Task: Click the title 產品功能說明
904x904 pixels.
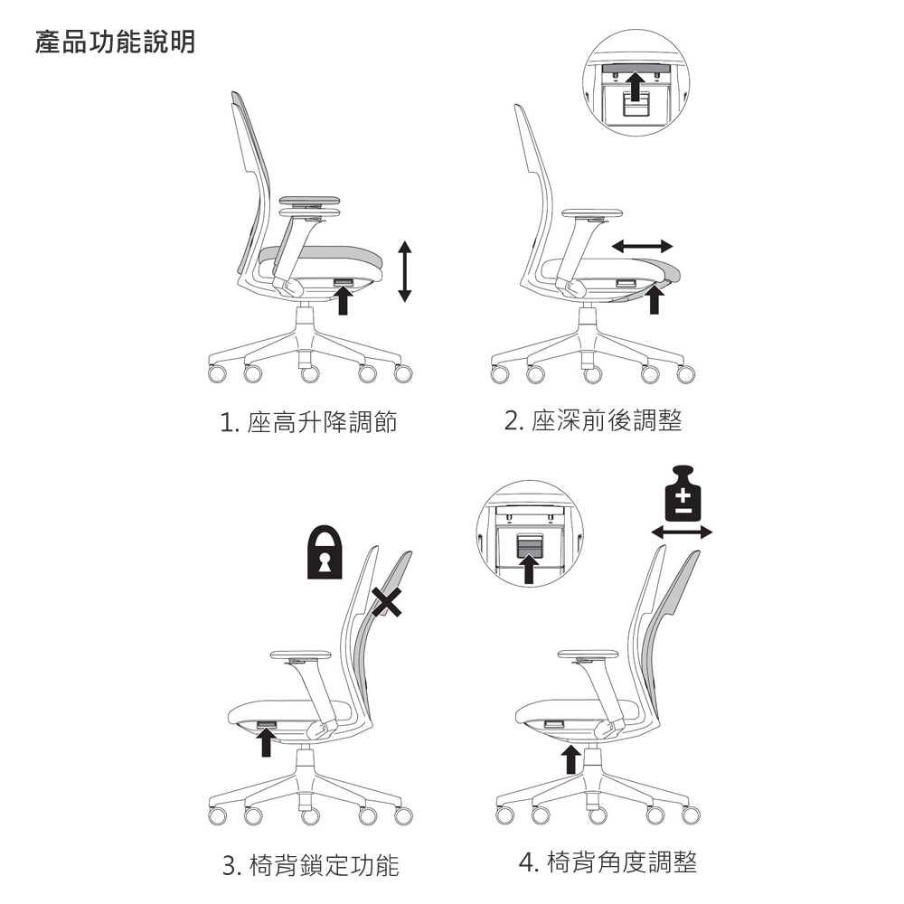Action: pyautogui.click(x=116, y=42)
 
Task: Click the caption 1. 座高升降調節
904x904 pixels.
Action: pyautogui.click(x=308, y=422)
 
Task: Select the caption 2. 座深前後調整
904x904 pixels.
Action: pyautogui.click(x=593, y=420)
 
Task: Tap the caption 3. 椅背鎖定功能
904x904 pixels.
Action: pyautogui.click(x=311, y=865)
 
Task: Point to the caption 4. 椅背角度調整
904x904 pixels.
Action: pyautogui.click(x=607, y=862)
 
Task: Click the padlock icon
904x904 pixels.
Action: pyautogui.click(x=325, y=551)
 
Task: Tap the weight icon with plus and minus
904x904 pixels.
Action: pyautogui.click(x=683, y=493)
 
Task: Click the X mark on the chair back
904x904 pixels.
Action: pyautogui.click(x=386, y=602)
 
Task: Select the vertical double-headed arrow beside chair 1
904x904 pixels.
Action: pyautogui.click(x=405, y=271)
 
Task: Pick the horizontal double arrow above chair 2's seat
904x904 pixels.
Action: pyautogui.click(x=642, y=246)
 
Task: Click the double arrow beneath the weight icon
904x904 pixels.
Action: pyautogui.click(x=682, y=532)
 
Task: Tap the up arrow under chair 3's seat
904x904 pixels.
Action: pyautogui.click(x=266, y=742)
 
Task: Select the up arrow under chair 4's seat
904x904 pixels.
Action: pyautogui.click(x=570, y=759)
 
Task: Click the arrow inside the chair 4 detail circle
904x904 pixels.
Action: pyautogui.click(x=529, y=569)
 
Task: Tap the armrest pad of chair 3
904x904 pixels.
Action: pyautogui.click(x=300, y=654)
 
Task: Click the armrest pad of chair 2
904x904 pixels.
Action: pyautogui.click(x=592, y=213)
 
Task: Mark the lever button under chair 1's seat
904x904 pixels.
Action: pyautogui.click(x=344, y=282)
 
